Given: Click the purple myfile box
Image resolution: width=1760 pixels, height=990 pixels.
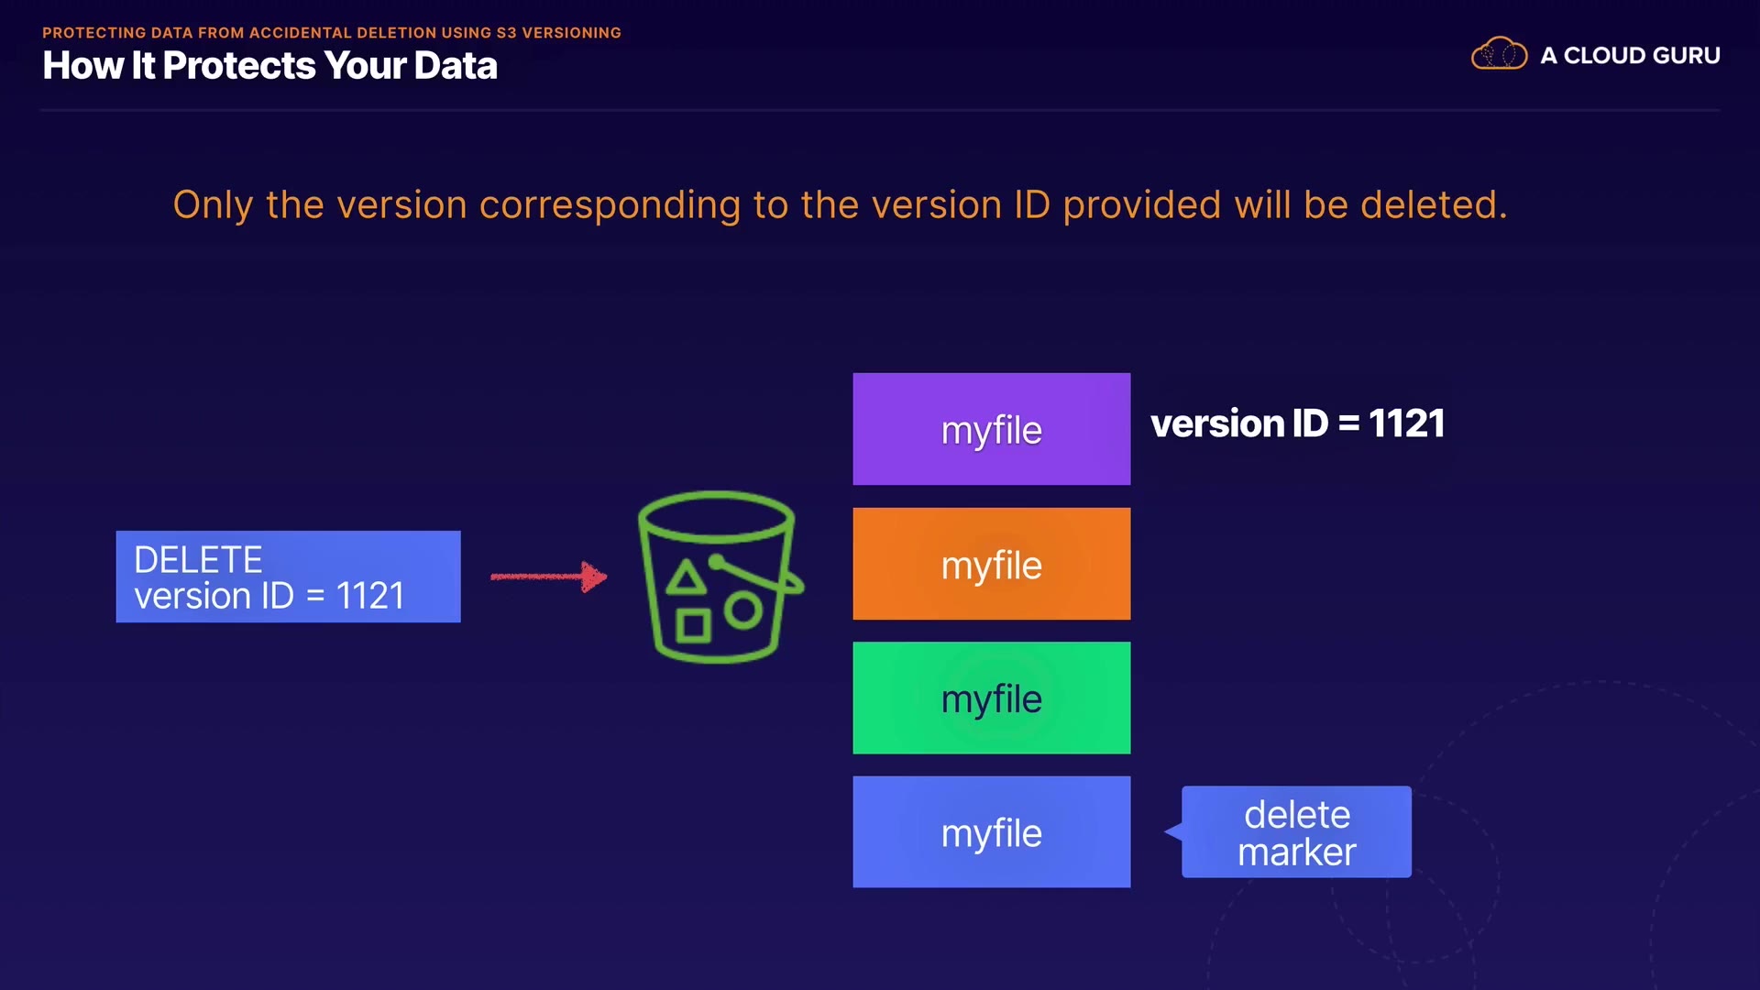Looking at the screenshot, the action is click(x=991, y=429).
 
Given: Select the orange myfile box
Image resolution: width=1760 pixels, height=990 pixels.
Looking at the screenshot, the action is click(x=991, y=564).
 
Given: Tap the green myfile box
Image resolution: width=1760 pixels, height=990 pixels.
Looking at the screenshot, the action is click(x=991, y=698).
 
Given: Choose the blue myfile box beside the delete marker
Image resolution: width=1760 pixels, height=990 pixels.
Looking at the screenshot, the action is click(x=991, y=831).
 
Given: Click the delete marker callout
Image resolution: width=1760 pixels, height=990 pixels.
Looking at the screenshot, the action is click(x=1296, y=832).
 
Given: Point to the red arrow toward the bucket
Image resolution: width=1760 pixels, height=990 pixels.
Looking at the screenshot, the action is click(x=548, y=577).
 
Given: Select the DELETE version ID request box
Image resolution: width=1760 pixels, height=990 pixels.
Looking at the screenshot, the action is click(x=288, y=577).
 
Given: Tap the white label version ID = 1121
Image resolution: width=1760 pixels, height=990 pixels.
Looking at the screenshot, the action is click(x=1297, y=423).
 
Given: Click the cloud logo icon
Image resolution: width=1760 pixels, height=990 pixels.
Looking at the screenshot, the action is click(x=1499, y=54).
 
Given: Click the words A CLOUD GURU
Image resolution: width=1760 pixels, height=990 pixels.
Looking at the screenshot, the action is click(x=1630, y=56).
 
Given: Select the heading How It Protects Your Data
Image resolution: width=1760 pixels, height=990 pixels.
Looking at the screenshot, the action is click(x=269, y=66).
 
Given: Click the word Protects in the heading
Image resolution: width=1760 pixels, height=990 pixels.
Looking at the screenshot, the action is click(x=239, y=66).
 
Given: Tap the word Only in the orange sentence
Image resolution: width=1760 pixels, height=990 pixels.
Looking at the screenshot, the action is click(x=213, y=205).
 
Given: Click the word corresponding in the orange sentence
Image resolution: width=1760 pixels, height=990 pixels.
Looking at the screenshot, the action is click(x=610, y=205).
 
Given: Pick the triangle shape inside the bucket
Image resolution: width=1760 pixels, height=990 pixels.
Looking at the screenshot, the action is click(x=686, y=578).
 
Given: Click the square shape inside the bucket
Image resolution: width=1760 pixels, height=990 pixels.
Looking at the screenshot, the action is click(x=693, y=626).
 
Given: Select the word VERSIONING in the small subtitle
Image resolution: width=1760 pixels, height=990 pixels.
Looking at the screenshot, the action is click(x=571, y=33).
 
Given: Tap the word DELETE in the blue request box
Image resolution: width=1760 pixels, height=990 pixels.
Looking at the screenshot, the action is click(x=198, y=559).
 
